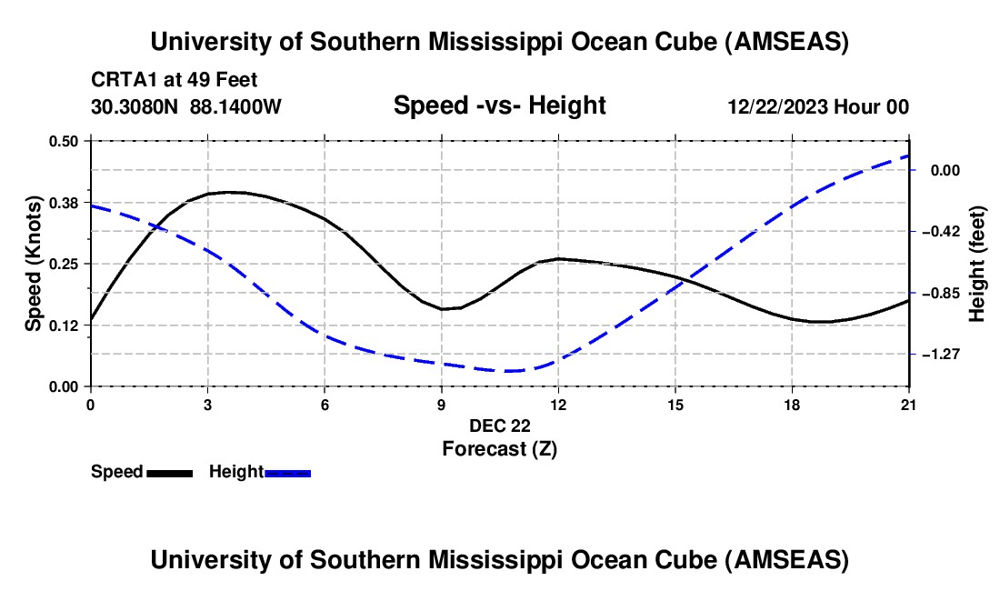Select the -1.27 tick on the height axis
coord(941,354)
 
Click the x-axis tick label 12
coord(558,405)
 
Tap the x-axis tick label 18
coord(792,405)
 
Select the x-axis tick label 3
coord(208,405)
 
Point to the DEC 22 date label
coord(499,426)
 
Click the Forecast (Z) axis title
coord(499,448)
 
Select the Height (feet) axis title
coord(977,264)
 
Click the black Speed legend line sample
coord(169,473)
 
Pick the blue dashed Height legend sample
coord(287,473)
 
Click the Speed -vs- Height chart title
coord(499,106)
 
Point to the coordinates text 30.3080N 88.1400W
coord(186,107)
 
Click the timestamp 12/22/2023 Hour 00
coord(818,107)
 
